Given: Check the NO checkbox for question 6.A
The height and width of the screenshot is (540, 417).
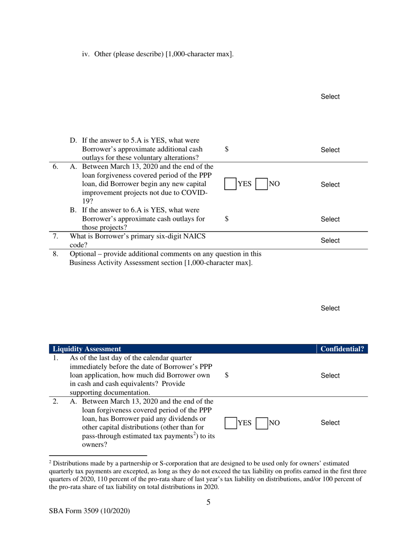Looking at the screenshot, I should pos(262,184).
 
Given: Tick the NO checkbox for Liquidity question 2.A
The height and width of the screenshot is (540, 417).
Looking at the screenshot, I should pos(262,423).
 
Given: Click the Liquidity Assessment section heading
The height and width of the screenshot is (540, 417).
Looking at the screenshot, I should pos(86,349).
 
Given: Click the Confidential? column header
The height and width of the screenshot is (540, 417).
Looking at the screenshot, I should pos(342,349).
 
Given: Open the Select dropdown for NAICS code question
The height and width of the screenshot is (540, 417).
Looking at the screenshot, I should pos(330,241).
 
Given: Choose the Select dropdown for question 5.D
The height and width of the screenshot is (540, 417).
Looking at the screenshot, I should pos(330,150).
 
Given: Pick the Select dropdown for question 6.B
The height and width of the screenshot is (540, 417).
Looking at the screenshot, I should pos(330,219).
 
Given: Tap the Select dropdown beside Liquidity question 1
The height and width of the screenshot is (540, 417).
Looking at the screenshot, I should pos(330,376).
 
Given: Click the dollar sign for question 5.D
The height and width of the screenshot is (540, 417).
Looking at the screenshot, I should pos(226,149).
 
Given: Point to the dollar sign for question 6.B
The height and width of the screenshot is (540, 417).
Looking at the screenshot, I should pos(226,219).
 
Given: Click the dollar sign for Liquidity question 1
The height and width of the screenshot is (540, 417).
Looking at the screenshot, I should pos(226,375).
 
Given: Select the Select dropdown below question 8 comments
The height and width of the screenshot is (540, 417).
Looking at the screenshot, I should pos(330,308).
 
